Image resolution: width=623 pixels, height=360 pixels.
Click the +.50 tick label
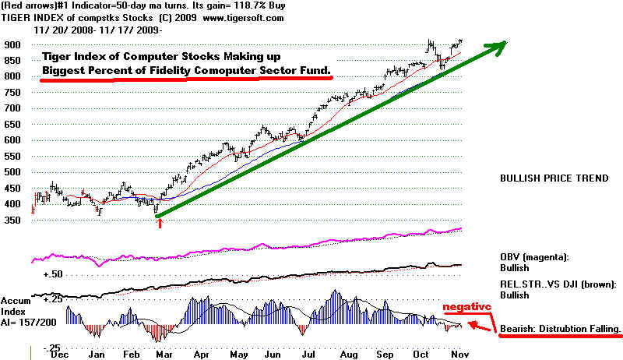[x=52, y=275]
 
